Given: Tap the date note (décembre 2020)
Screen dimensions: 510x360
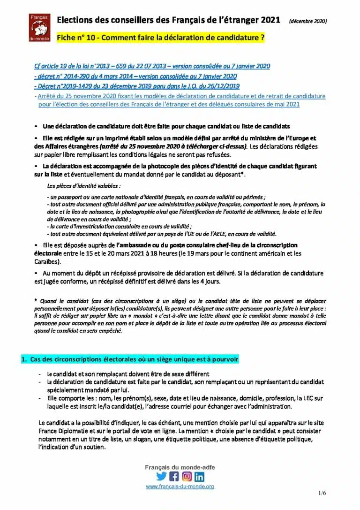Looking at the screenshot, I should point(308,21).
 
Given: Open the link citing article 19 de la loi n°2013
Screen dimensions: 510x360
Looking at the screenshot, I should point(152,66).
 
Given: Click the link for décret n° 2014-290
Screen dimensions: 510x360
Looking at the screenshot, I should point(135,76).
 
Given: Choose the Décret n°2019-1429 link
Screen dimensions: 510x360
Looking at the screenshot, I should point(137,86).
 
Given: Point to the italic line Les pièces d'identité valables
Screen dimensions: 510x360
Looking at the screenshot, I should point(80,186).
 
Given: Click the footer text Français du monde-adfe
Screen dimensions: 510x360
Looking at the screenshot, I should point(180,467).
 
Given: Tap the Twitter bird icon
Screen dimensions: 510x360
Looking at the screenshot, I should point(161,476).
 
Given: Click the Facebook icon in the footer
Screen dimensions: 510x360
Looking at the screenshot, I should point(174,476).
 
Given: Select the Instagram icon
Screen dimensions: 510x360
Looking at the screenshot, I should point(187,476).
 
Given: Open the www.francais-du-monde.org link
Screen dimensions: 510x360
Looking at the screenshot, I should point(180,487).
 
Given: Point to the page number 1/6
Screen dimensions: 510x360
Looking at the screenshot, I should point(322,493).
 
